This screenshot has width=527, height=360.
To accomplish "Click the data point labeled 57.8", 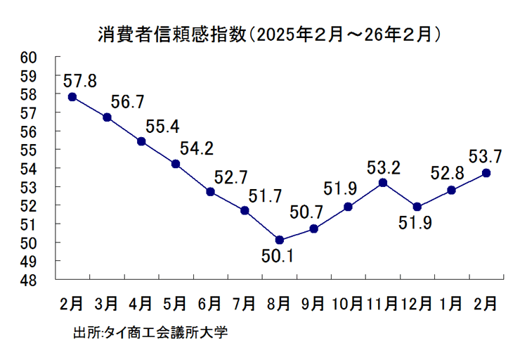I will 72,97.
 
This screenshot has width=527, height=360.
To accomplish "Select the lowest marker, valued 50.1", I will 280,240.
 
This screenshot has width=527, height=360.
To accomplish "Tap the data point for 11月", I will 383,183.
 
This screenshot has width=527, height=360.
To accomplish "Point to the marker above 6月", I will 210,191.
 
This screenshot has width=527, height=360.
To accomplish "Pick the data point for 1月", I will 451,190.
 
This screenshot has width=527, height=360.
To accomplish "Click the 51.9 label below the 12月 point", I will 415,225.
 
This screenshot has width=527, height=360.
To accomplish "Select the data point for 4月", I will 141,141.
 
